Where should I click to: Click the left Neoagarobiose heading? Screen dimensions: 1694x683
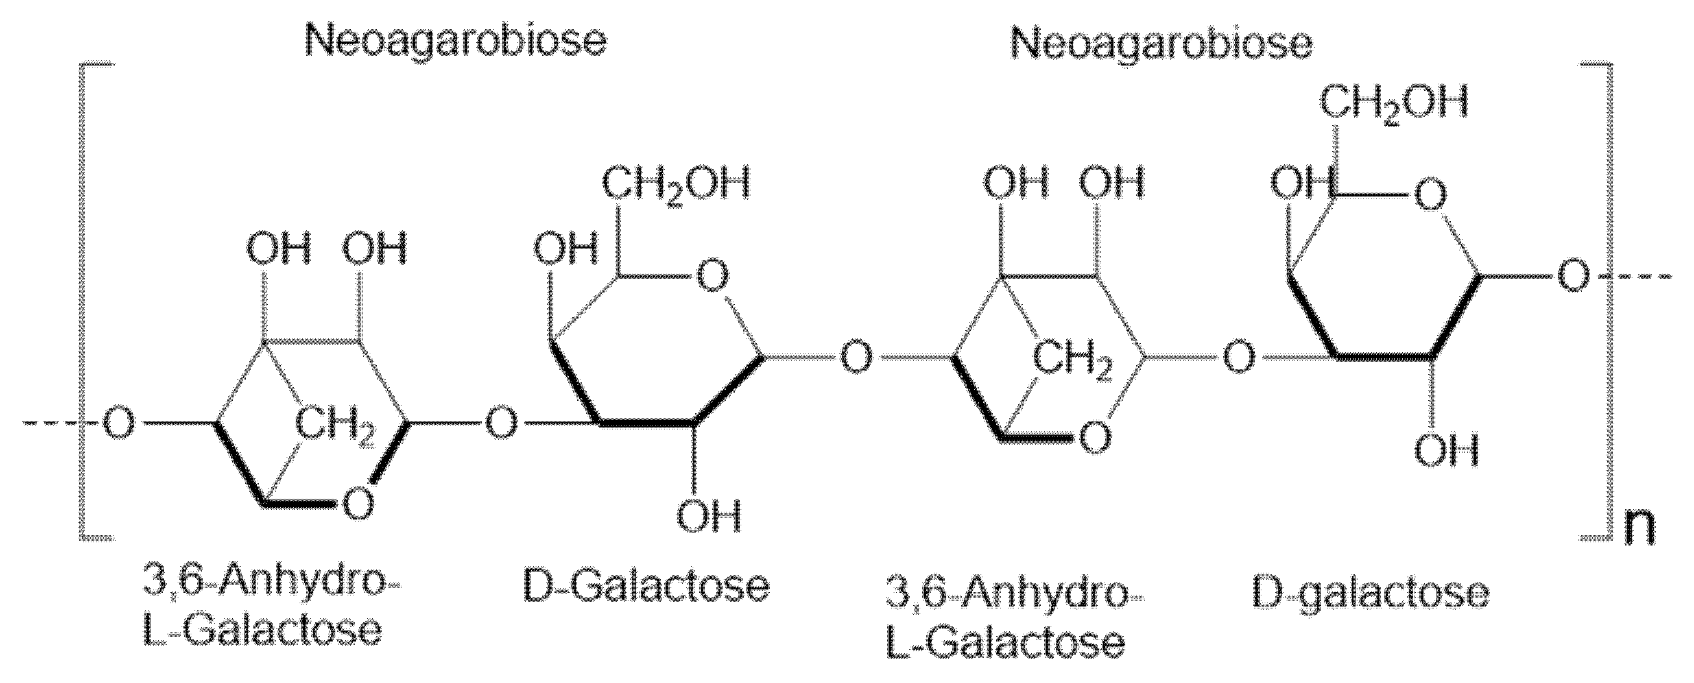click(x=455, y=40)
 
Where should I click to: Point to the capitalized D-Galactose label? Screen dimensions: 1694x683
click(x=646, y=586)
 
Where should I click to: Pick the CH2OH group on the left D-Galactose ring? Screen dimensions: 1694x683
click(x=675, y=185)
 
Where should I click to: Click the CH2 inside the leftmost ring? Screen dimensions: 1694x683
click(x=335, y=424)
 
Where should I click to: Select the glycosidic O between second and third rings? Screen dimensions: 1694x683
click(x=857, y=359)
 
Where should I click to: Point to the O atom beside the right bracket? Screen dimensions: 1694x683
click(x=1573, y=277)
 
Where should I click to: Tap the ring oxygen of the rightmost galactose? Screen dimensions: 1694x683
click(x=1431, y=195)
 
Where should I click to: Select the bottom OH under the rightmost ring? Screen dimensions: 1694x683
click(x=1446, y=451)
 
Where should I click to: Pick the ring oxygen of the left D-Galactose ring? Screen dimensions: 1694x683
click(x=713, y=276)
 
